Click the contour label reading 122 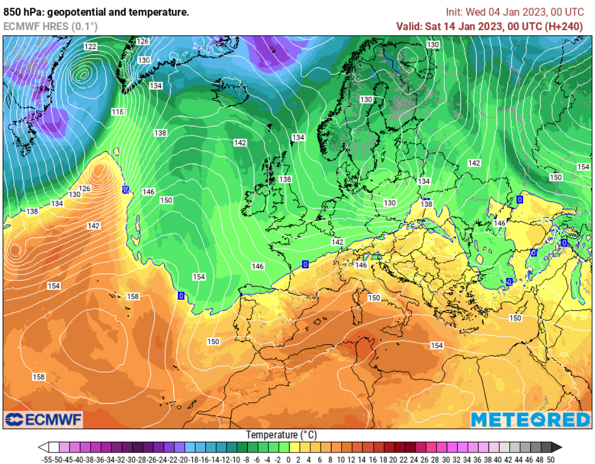pyautogui.click(x=90, y=47)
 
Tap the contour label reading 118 pyautogui.click(x=118, y=112)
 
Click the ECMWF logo pyautogui.click(x=43, y=419)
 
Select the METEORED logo pyautogui.click(x=530, y=419)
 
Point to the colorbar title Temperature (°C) pyautogui.click(x=281, y=435)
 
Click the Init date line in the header pyautogui.click(x=515, y=12)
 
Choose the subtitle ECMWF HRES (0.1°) pyautogui.click(x=51, y=26)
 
